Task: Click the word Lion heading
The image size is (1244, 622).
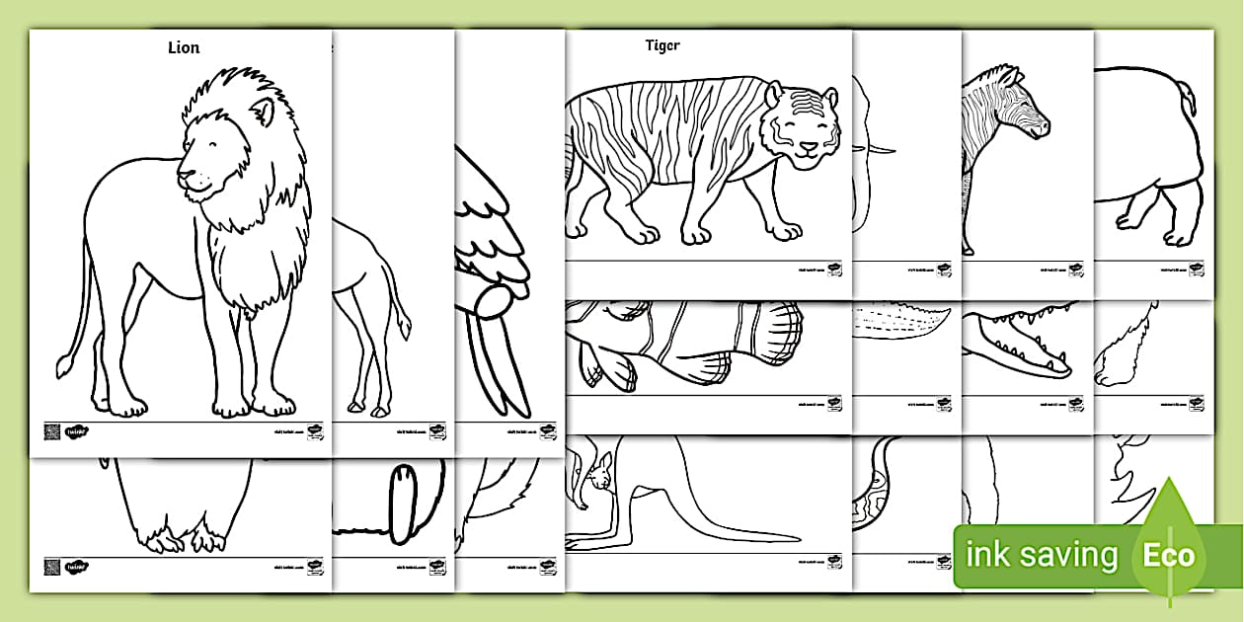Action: click(184, 47)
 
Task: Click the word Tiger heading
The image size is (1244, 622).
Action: click(662, 45)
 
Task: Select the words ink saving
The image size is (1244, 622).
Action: click(1042, 555)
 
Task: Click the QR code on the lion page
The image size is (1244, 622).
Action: click(51, 431)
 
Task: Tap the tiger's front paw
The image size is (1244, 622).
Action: click(786, 231)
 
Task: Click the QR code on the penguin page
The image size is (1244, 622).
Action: click(51, 567)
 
